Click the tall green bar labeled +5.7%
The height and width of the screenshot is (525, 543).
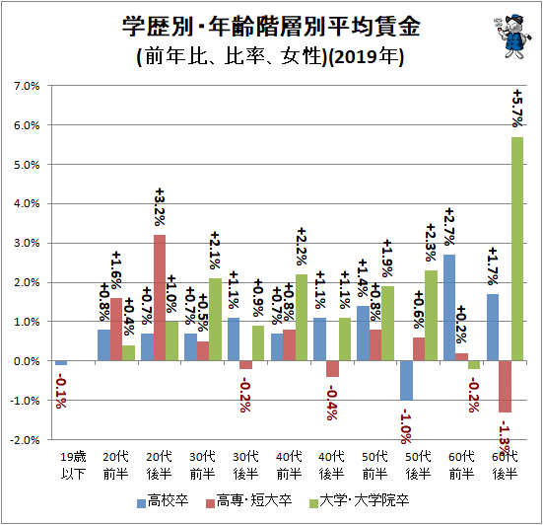(517, 249)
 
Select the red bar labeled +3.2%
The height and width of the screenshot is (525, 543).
(160, 298)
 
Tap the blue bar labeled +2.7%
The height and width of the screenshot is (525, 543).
(449, 308)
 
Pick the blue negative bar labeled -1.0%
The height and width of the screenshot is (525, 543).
(406, 381)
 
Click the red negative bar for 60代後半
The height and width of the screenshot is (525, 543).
(505, 387)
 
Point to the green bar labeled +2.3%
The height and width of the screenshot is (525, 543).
(431, 316)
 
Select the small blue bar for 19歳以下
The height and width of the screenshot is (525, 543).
(61, 363)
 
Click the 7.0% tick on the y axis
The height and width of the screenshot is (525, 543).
(27, 86)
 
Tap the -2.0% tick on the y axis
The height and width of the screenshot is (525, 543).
(25, 440)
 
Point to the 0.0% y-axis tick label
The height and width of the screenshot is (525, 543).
(27, 361)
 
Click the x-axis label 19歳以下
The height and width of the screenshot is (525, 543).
(73, 465)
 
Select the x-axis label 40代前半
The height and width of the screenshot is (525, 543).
(289, 465)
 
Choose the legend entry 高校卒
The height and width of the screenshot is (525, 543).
(163, 501)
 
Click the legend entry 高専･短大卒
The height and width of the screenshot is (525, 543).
(249, 501)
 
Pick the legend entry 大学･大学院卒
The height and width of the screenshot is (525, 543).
(359, 501)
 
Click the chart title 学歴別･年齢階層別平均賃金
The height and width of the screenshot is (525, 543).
(271, 27)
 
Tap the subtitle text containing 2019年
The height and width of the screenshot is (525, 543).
(270, 56)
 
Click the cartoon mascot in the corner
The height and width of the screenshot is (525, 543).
(511, 37)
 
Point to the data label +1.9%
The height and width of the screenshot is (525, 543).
(387, 259)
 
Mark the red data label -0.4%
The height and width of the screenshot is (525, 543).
(332, 403)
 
